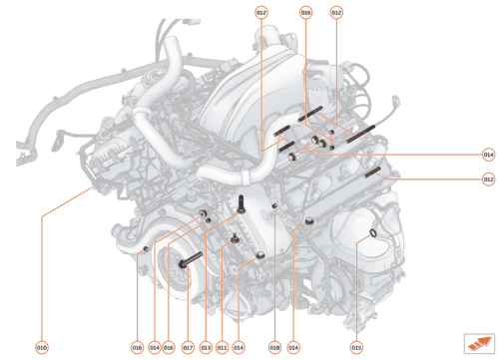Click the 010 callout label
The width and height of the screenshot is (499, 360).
[x=42, y=347]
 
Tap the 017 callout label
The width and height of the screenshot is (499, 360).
[x=188, y=347]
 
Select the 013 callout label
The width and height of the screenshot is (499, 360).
[x=206, y=347]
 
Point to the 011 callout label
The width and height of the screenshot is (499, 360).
[x=223, y=347]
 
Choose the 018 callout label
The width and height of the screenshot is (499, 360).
[x=274, y=347]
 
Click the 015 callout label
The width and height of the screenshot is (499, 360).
[x=356, y=347]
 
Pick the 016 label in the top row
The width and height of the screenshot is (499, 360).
[x=306, y=12]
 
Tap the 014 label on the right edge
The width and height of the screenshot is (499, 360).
[x=488, y=155]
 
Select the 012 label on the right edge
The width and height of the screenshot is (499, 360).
[x=488, y=180]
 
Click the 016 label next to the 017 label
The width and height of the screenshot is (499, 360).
[x=170, y=347]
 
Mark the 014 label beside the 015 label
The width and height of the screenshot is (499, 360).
[x=293, y=347]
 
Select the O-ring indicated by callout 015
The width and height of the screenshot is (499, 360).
[x=371, y=234]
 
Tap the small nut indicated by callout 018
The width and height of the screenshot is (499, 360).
[x=273, y=208]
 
